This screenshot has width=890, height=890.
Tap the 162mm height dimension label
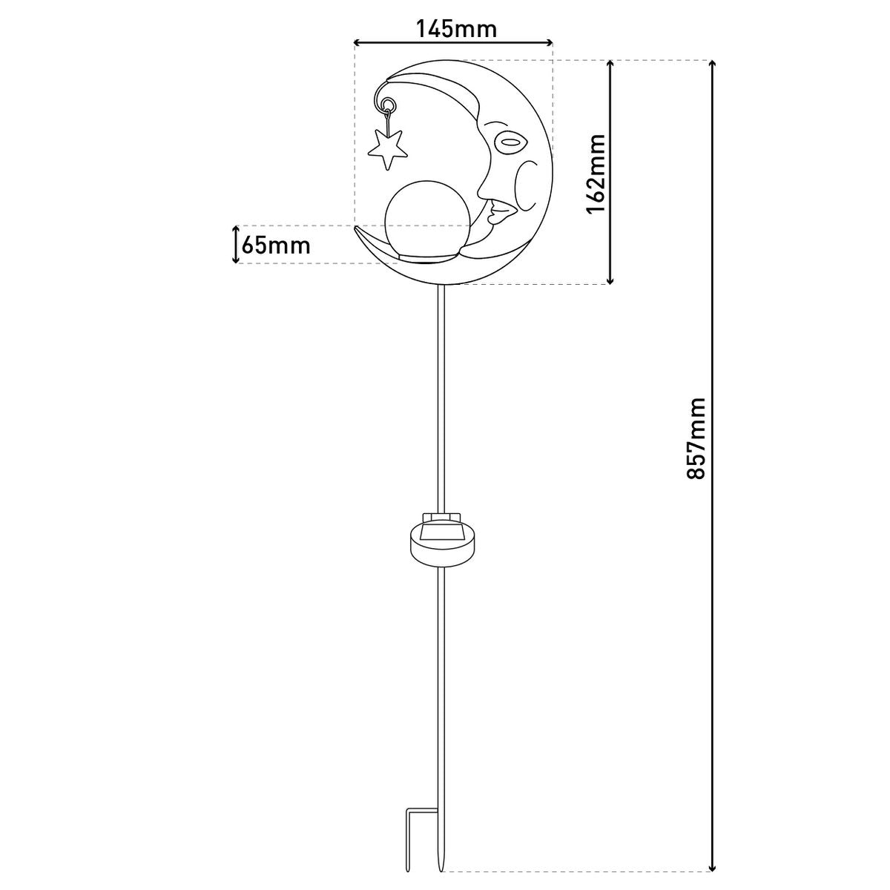[x=597, y=174]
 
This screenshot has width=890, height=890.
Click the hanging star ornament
[x=387, y=148]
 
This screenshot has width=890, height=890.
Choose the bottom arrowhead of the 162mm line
[x=610, y=280]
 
